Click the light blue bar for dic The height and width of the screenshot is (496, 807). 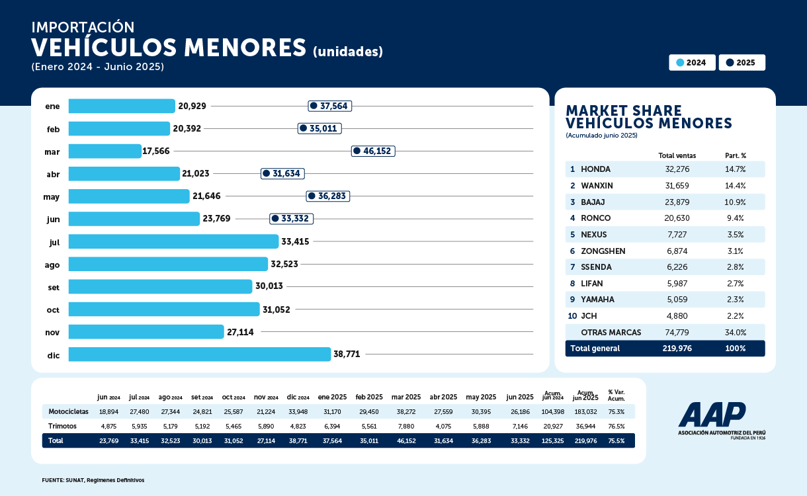coord(199,354)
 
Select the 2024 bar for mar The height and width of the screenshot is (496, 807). coord(105,151)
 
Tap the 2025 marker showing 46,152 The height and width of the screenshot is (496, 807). coord(373,151)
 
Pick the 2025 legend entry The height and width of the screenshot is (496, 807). coord(742,63)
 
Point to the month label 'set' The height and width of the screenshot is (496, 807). coord(53,287)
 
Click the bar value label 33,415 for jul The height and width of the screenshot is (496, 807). coord(295,242)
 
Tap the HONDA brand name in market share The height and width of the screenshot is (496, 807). coord(595,169)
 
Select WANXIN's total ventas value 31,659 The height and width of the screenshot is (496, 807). coord(677,186)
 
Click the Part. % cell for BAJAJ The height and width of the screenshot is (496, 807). coord(735,202)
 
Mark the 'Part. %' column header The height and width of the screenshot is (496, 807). coord(735,155)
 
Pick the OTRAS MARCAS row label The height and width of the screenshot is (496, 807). coord(611,332)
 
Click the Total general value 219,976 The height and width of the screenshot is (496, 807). coord(677,349)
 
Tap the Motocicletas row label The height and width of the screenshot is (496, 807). coord(68,411)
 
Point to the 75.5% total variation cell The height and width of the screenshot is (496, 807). coord(616,440)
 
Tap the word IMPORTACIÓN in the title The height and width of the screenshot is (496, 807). coord(83,28)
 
